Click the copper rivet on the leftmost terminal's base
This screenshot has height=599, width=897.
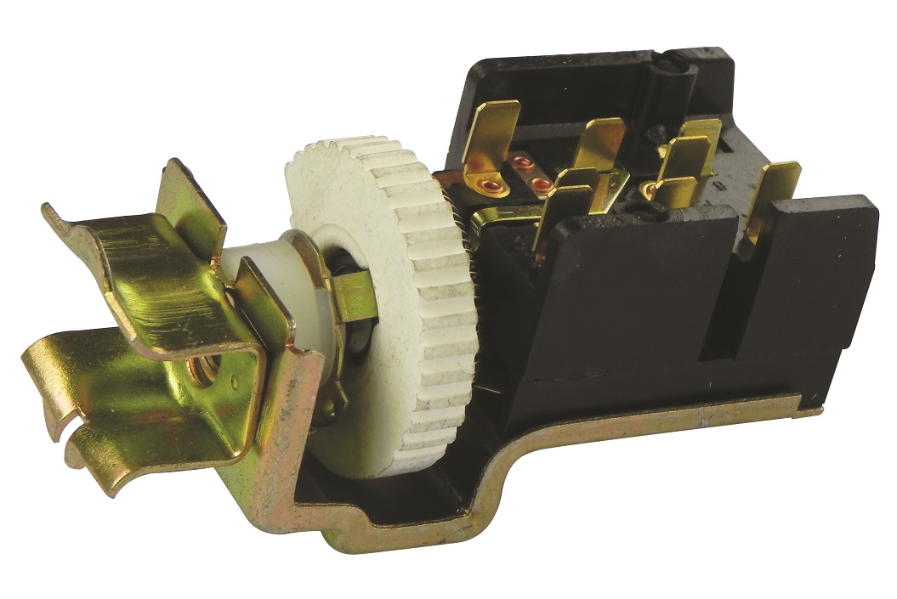pos(490,183)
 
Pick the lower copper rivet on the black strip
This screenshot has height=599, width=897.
pos(537,183)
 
